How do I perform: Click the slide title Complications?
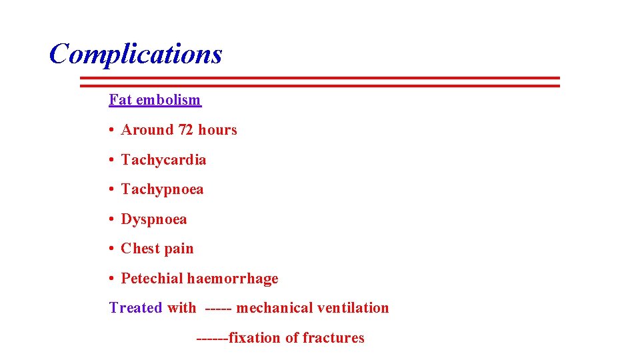[x=135, y=54]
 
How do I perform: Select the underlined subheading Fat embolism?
[x=155, y=100]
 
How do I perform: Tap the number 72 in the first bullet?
[x=185, y=130]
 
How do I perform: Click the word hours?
[x=217, y=130]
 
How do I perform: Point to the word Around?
[x=147, y=130]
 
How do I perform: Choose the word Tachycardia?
[x=163, y=160]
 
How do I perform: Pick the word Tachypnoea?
[x=162, y=189]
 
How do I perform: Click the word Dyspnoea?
[x=154, y=219]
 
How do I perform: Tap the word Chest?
[x=141, y=249]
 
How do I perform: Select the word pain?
[x=179, y=249]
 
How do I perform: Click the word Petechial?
[x=152, y=279]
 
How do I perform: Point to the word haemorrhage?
[x=233, y=279]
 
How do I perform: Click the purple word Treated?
[x=135, y=308]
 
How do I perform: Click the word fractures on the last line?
[x=333, y=338]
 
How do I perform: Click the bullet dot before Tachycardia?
[x=112, y=160]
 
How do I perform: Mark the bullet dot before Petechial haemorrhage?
[x=112, y=279]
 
